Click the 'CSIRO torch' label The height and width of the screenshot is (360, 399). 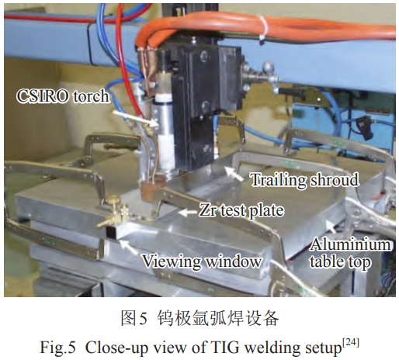(63, 96)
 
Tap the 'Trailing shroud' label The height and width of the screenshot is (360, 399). (305, 179)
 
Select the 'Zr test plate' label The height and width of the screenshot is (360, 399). (241, 210)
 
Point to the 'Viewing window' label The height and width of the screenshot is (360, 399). (202, 261)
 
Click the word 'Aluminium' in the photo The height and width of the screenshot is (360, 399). (351, 244)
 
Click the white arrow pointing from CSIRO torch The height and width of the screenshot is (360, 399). (135, 119)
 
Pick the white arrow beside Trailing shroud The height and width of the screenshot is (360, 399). (234, 174)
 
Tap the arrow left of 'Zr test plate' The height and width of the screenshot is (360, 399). (188, 213)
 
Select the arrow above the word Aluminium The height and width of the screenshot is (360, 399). (331, 227)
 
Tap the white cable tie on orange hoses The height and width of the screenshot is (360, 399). (262, 29)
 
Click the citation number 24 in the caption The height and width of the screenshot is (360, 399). (351, 343)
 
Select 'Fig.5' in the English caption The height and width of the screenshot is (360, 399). (57, 348)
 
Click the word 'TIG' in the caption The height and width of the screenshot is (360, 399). (228, 348)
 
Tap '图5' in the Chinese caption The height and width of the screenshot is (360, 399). (134, 318)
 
